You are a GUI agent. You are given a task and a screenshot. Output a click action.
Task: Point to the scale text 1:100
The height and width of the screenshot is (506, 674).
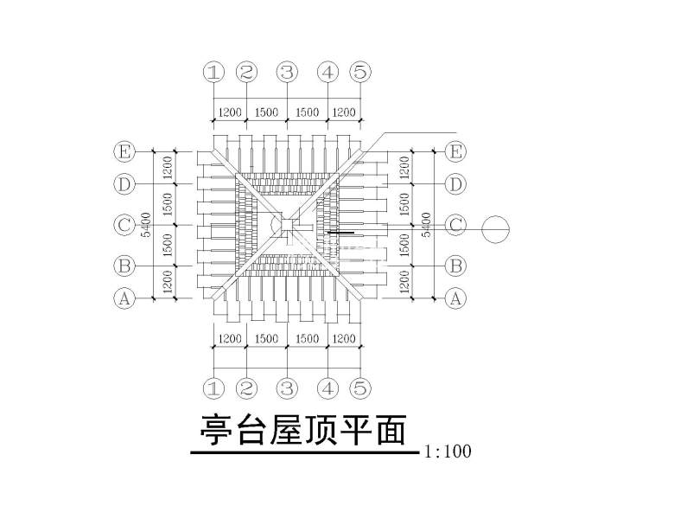coord(448,452)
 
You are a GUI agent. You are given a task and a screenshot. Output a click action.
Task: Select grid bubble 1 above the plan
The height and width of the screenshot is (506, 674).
coord(213,72)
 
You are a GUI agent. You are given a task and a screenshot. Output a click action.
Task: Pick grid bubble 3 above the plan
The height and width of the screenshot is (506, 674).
coord(287,72)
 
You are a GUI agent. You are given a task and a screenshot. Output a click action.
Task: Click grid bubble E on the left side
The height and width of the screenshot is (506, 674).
coord(124,152)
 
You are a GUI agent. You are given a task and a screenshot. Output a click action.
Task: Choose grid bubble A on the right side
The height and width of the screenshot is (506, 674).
coord(455,299)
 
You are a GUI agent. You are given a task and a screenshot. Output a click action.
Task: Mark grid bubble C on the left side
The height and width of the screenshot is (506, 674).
coord(124,225)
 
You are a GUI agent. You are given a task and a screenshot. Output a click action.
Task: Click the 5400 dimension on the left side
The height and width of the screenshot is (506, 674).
coord(147,225)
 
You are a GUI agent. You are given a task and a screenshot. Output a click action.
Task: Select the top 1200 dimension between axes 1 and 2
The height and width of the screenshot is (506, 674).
coord(230,112)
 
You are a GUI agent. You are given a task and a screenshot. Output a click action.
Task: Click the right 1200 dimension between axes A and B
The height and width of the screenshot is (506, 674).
coord(404,280)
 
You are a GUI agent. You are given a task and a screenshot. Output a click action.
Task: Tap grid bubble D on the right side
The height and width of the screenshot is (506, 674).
coord(455,184)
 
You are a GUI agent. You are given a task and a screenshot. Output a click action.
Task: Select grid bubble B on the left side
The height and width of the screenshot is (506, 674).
coord(124,264)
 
